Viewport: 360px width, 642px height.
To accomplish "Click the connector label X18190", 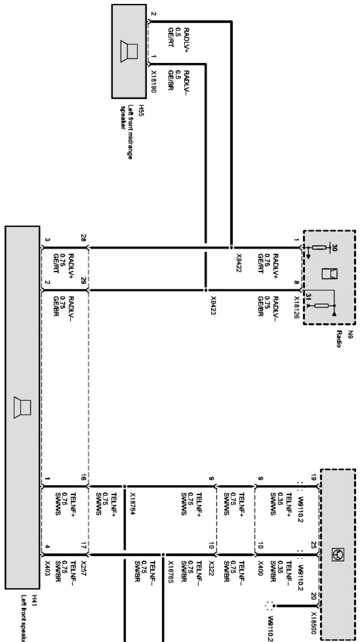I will [x=154, y=82].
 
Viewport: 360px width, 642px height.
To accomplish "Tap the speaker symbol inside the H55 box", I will [x=129, y=51].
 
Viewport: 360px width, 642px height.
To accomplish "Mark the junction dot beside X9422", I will [x=231, y=248].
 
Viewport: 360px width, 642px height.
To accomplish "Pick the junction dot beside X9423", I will [x=205, y=290].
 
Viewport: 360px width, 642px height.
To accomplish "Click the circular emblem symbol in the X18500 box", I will [x=336, y=555].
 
